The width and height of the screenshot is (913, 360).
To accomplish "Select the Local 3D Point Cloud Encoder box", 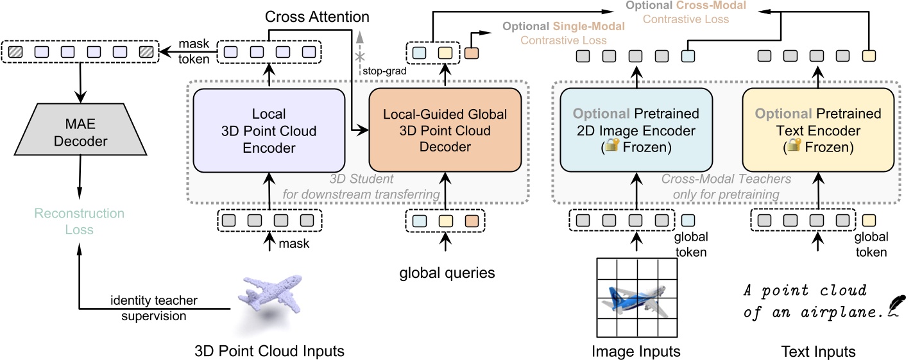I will pyautogui.click(x=269, y=130).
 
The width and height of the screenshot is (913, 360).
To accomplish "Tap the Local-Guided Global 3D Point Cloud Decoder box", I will pyautogui.click(x=445, y=130).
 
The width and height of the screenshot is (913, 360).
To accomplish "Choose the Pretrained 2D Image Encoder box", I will pyautogui.click(x=636, y=130).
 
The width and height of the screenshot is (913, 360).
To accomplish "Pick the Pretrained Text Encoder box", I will pyautogui.click(x=818, y=130).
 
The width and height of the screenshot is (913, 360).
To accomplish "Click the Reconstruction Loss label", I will pyautogui.click(x=80, y=221).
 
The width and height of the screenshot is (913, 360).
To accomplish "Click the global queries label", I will pyautogui.click(x=447, y=272).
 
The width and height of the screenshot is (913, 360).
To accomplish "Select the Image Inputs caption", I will pyautogui.click(x=635, y=351).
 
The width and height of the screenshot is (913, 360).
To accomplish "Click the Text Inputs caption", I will pyautogui.click(x=818, y=351).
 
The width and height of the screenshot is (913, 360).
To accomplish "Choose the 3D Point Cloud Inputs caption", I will pyautogui.click(x=269, y=351).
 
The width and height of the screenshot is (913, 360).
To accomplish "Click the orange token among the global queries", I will pyautogui.click(x=472, y=221).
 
